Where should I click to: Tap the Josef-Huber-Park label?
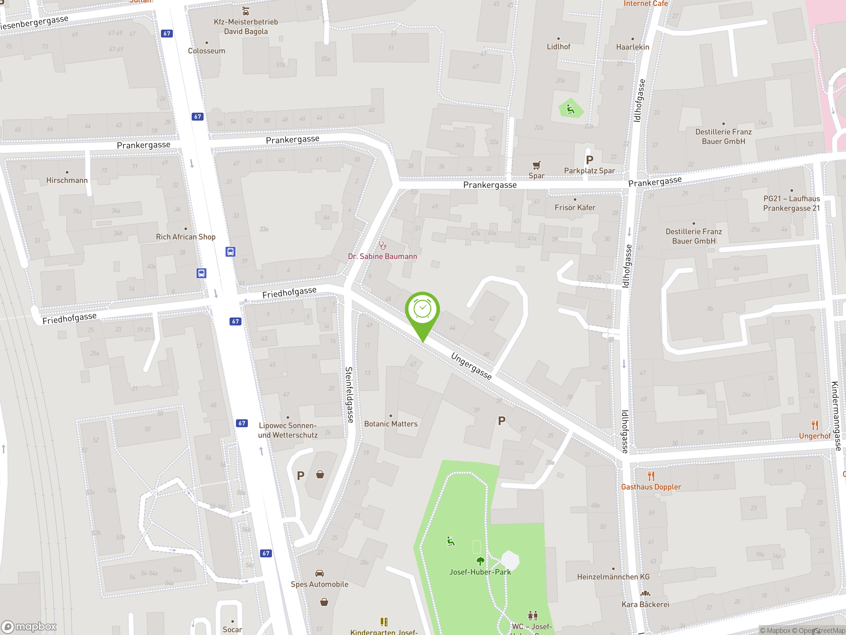(480, 572)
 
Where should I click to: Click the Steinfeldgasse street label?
(349, 395)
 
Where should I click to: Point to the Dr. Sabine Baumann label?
(382, 256)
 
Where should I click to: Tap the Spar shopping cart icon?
(536, 165)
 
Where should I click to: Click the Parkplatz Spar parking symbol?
(589, 160)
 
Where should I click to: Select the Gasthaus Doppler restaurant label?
(651, 487)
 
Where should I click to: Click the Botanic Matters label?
(391, 424)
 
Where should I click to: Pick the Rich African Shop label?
(185, 237)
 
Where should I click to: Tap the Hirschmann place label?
(67, 180)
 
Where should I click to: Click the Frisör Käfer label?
(574, 207)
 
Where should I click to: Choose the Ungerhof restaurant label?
(814, 436)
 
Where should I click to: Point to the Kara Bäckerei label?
(645, 604)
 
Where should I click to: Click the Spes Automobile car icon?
(319, 573)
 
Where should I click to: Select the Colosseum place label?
(207, 51)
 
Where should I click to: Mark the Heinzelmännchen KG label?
(613, 577)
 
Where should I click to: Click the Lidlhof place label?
(558, 47)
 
